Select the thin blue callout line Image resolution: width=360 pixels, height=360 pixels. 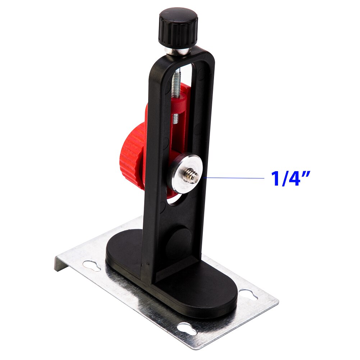click(x=234, y=177)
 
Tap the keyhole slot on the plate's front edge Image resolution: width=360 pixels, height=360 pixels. click(x=187, y=328)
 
